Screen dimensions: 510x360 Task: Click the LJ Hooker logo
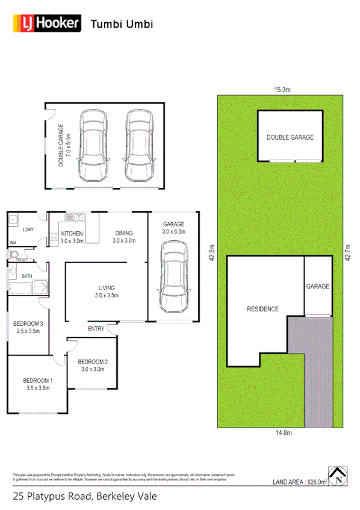coord(47,23)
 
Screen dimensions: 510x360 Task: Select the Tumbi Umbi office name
coord(122,24)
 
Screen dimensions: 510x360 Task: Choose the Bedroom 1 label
coord(38,384)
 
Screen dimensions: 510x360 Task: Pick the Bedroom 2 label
coord(93,365)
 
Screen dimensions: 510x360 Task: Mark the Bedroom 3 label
coord(28,327)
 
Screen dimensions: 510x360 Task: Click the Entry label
coord(96,329)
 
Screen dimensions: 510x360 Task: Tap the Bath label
coord(26,276)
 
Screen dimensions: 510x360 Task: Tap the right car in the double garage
coord(138,145)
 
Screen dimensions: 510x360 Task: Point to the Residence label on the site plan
coord(263,309)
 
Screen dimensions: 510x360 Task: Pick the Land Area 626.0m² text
coord(300,482)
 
